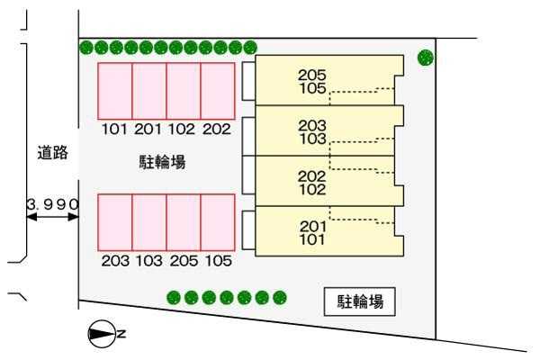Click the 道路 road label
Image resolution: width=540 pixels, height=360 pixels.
(x=52, y=153)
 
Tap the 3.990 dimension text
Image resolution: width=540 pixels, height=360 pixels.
(x=52, y=204)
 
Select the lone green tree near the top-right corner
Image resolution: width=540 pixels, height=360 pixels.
(x=426, y=58)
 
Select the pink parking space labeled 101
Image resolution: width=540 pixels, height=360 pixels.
(x=114, y=92)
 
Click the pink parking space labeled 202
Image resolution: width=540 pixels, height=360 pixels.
(x=217, y=92)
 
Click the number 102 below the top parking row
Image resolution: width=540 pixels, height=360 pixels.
(x=183, y=130)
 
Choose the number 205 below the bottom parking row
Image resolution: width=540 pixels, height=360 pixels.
(x=183, y=261)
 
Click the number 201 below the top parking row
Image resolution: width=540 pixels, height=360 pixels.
(x=148, y=130)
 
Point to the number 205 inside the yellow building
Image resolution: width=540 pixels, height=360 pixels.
(x=312, y=76)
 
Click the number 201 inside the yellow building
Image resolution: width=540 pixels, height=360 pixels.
(x=312, y=227)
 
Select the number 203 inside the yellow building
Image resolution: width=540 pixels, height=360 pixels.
(x=312, y=126)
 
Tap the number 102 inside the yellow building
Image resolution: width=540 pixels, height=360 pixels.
(x=312, y=190)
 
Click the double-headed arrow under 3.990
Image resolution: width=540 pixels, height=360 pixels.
(x=52, y=217)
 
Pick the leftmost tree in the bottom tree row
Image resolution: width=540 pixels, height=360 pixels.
(x=174, y=297)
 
